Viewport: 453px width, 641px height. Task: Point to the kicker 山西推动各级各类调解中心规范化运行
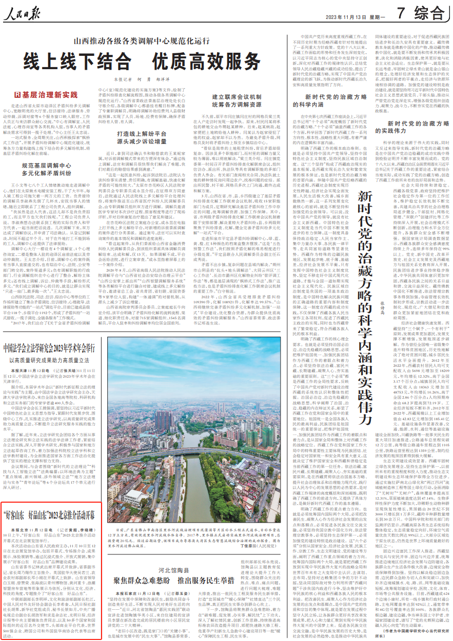(x=136, y=41)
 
